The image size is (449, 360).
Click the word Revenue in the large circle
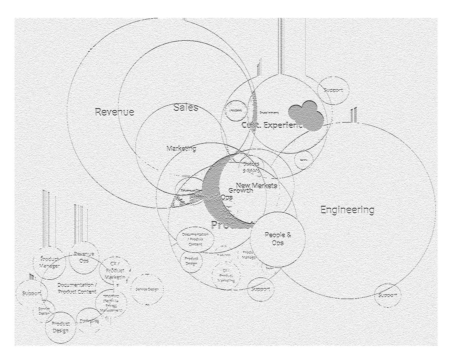pyautogui.click(x=114, y=112)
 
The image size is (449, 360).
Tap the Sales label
pyautogui.click(x=185, y=108)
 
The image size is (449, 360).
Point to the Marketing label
pyautogui.click(x=181, y=149)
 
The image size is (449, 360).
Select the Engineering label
pyautogui.click(x=347, y=210)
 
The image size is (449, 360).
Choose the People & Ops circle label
pyautogui.click(x=278, y=239)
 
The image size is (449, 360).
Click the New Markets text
pyautogui.click(x=256, y=186)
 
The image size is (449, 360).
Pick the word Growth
pyautogui.click(x=240, y=191)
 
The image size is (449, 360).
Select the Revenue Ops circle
pyautogui.click(x=84, y=257)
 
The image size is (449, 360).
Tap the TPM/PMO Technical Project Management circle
pyautogui.click(x=111, y=303)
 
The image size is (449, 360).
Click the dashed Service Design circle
pyautogui.click(x=147, y=289)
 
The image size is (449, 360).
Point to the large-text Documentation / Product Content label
pyautogui.click(x=77, y=288)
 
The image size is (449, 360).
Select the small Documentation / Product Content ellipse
pyautogui.click(x=195, y=239)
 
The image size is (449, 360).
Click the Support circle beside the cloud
pyautogui.click(x=333, y=90)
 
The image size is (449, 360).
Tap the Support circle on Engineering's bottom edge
pyautogui.click(x=387, y=295)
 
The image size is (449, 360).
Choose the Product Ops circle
pyautogui.click(x=89, y=321)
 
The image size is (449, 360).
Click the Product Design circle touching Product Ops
pyautogui.click(x=60, y=327)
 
